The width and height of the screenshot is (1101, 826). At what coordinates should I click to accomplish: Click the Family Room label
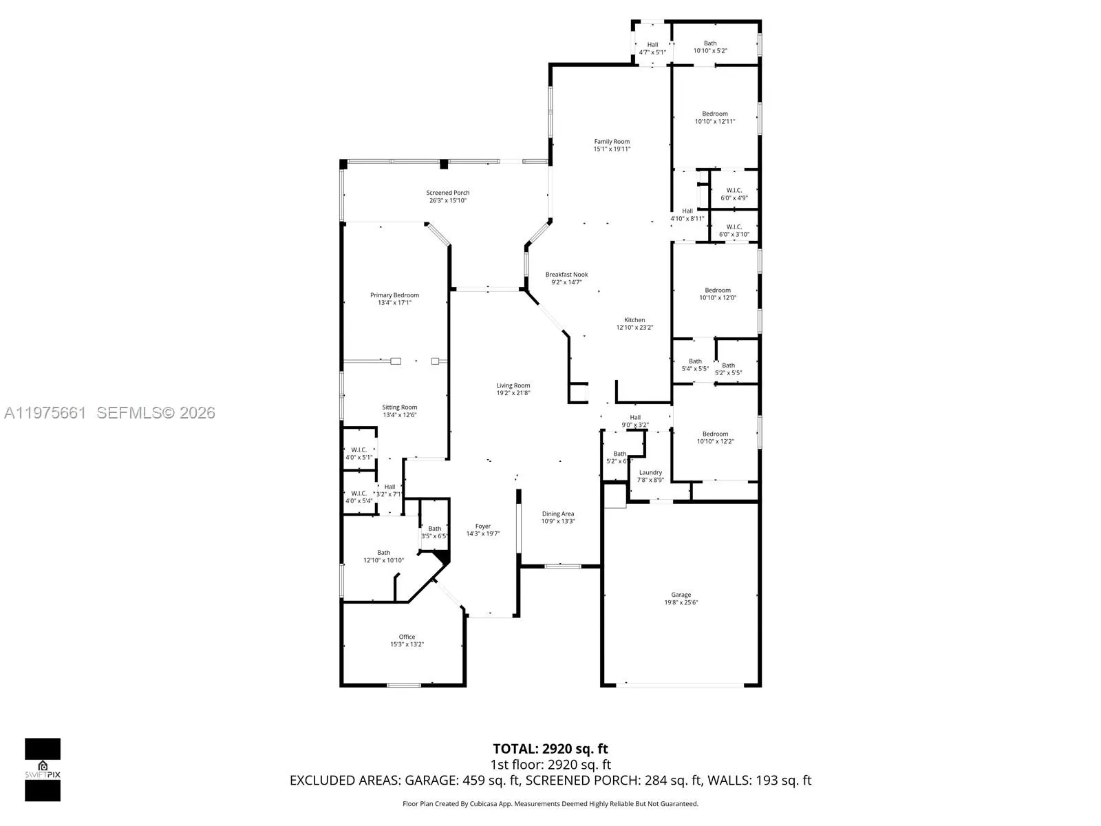tap(612, 142)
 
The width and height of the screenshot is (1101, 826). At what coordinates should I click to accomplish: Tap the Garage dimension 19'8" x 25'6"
tap(681, 602)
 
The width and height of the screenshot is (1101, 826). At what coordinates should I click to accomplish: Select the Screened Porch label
tap(447, 193)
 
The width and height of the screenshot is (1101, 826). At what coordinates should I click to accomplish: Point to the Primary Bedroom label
tap(394, 295)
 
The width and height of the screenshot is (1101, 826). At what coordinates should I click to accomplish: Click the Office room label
tap(407, 637)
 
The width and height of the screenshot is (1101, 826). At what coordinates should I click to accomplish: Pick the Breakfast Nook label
tap(566, 275)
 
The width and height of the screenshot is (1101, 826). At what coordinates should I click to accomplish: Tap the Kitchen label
tap(634, 320)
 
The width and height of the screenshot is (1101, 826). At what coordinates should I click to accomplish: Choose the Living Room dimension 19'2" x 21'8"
tap(513, 393)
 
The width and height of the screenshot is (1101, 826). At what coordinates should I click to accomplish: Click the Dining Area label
tap(557, 513)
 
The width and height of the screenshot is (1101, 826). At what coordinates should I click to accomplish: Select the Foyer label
tap(483, 527)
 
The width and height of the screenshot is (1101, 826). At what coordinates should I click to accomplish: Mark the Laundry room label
tap(650, 472)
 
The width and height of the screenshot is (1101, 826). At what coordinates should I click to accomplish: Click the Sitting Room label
tap(400, 407)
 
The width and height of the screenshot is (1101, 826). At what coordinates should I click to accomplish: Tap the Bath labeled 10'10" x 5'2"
tap(710, 47)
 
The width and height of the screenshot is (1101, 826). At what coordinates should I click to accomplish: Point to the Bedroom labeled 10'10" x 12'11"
tap(715, 118)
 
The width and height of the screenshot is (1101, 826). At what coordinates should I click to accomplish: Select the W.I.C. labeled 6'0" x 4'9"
tap(734, 194)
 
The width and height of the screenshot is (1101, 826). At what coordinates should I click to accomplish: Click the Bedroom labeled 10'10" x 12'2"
tap(715, 438)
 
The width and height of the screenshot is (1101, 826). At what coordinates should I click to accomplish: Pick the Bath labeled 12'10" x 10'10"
tap(383, 556)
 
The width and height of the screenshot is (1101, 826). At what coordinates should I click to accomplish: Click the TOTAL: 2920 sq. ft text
tap(550, 749)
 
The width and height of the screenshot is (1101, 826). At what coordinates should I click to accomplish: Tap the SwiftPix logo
tap(43, 770)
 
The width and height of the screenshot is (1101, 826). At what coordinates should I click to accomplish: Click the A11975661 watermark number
tap(45, 412)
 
